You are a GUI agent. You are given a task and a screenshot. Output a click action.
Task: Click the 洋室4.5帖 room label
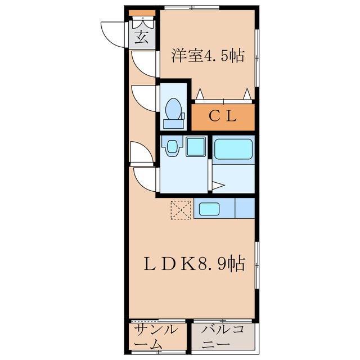pyautogui.click(x=208, y=56)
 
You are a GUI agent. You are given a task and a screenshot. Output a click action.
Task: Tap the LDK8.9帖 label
pyautogui.click(x=195, y=264)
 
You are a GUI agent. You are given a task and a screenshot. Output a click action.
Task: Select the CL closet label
pyautogui.click(x=223, y=116)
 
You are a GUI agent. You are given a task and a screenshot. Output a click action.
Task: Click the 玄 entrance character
pyautogui.click(x=141, y=38)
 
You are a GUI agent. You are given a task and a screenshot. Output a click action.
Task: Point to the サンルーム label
pyautogui.click(x=156, y=337)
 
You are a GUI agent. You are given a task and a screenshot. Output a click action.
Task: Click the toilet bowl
pyautogui.click(x=174, y=109)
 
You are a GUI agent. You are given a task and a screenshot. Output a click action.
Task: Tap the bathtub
pyautogui.click(x=233, y=149)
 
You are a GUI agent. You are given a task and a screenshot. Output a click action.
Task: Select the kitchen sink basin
pyautogui.click(x=209, y=209)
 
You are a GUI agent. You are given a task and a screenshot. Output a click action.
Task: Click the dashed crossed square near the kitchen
pyautogui.click(x=181, y=210)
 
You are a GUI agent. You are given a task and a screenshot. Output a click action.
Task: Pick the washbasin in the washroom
pyautogui.click(x=172, y=146)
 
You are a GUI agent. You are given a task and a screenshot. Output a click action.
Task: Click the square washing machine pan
pyautogui.click(x=196, y=147)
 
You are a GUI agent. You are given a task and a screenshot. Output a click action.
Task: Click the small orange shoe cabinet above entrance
pyautogui.click(x=142, y=13)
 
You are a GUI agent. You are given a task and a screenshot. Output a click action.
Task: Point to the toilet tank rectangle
pyautogui.click(x=174, y=124)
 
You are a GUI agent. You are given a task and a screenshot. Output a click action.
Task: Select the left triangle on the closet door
pyautogui.click(x=200, y=94)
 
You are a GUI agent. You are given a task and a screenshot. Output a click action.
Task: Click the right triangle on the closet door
pyautogui.click(x=247, y=94)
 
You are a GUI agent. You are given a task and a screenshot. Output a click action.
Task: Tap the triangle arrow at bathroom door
pyautogui.click(x=218, y=186)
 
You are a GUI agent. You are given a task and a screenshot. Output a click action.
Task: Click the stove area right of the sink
pyautogui.click(x=245, y=208)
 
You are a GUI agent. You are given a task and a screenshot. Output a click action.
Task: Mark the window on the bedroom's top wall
pyautogui.click(x=192, y=7)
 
